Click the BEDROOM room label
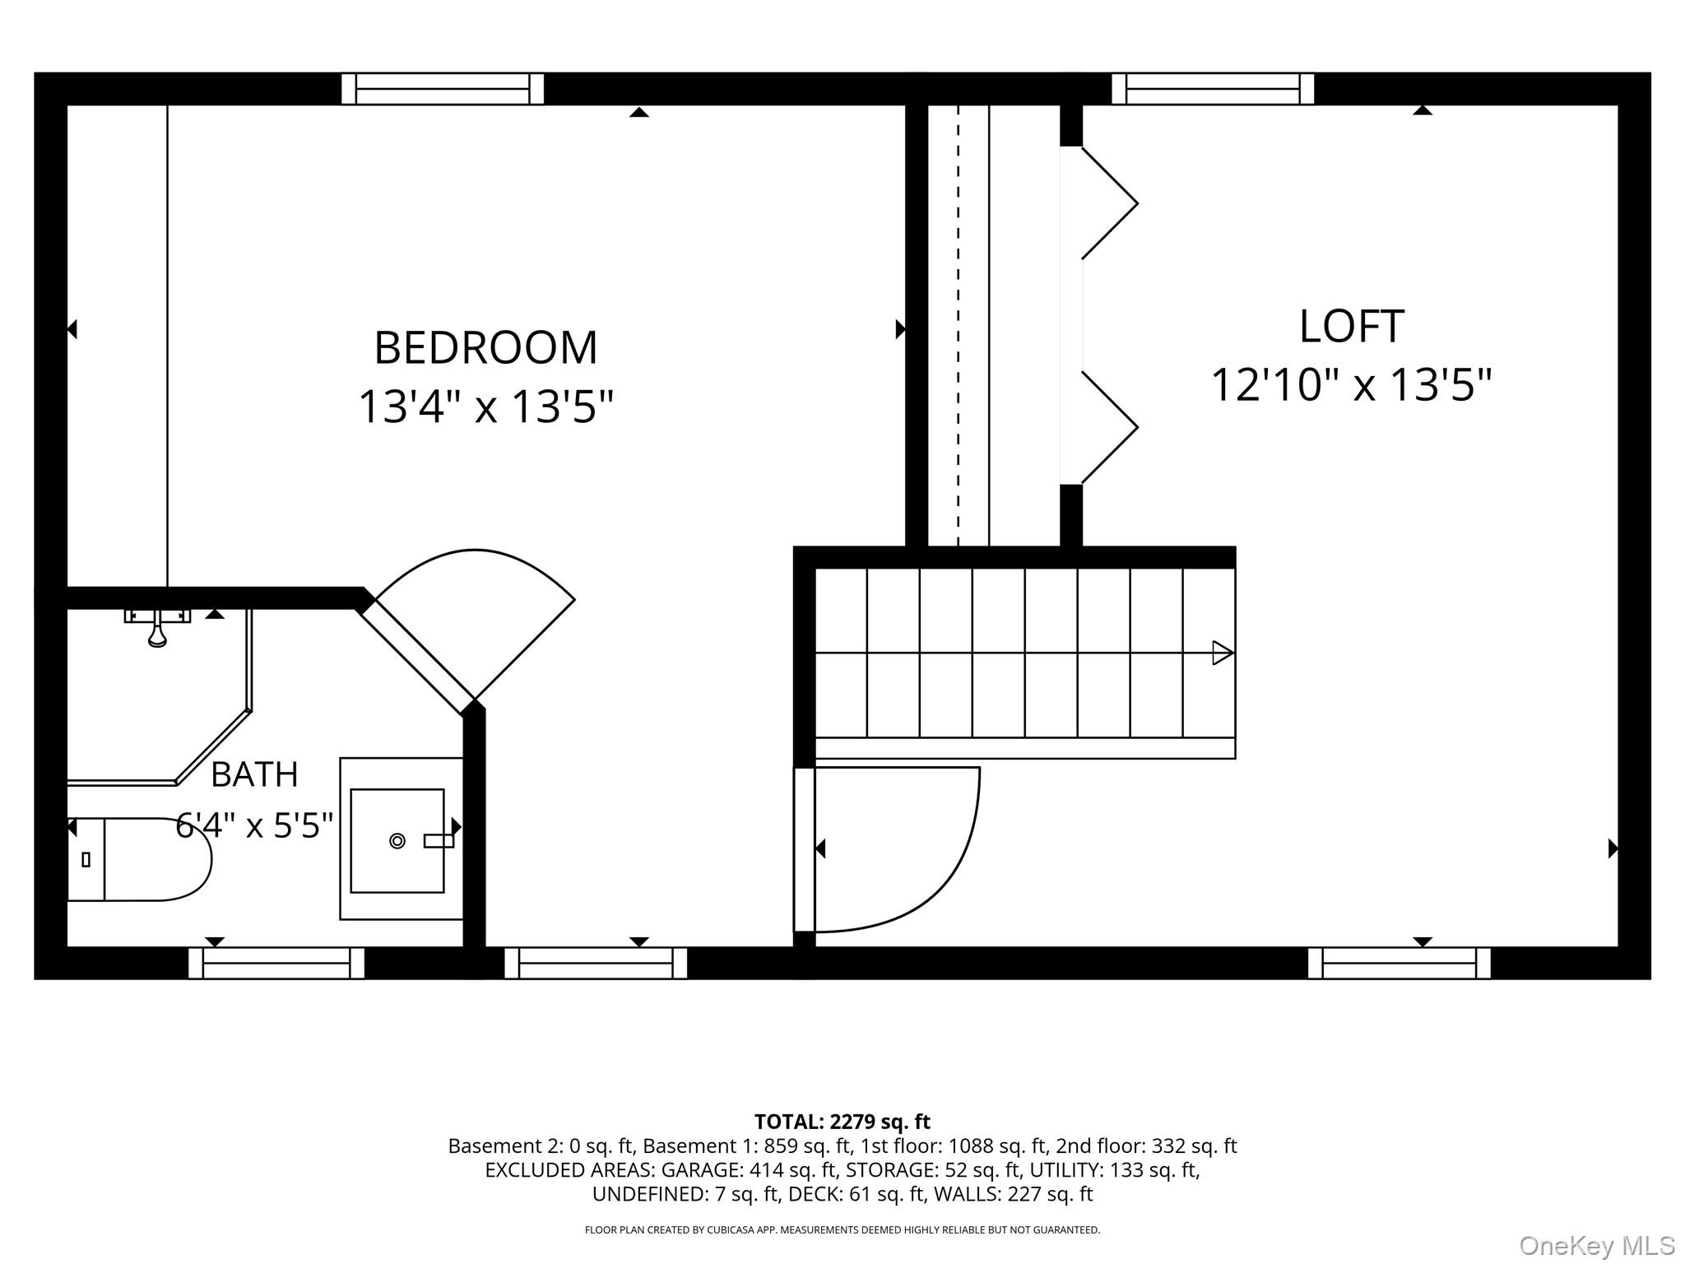(x=485, y=348)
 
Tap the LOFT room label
(x=1351, y=327)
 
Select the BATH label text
(x=254, y=774)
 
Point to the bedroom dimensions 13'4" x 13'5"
(x=485, y=407)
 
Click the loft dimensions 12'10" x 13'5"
(x=1351, y=384)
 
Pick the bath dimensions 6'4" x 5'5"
(x=254, y=825)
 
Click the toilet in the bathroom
(x=139, y=859)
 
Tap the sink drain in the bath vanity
(x=397, y=841)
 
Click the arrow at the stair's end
(x=1223, y=653)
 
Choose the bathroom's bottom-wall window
(x=276, y=963)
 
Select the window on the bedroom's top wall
(x=443, y=89)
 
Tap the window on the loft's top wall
(x=1213, y=89)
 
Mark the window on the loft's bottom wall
(x=1400, y=963)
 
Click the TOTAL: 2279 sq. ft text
(x=842, y=1122)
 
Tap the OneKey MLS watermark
(x=1597, y=1246)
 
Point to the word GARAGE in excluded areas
(x=703, y=1170)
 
